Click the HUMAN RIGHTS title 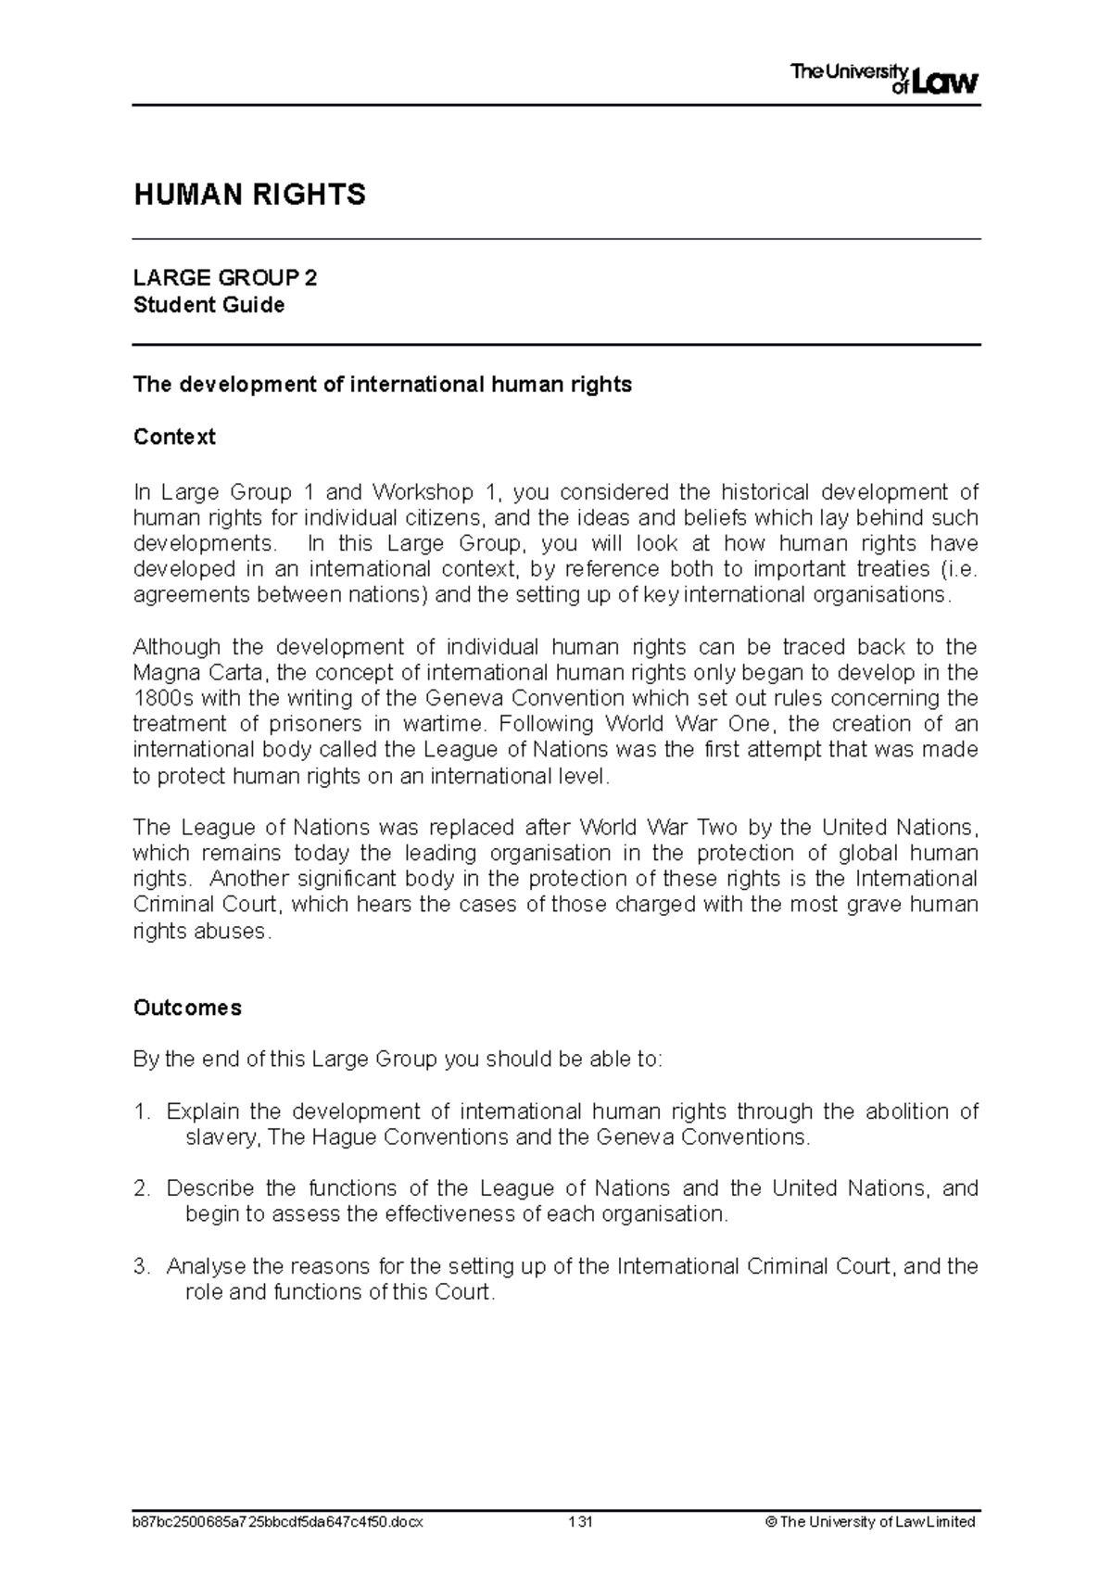point(249,195)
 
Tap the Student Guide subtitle point(208,305)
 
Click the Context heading point(174,437)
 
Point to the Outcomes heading point(187,1008)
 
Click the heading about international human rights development point(383,385)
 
